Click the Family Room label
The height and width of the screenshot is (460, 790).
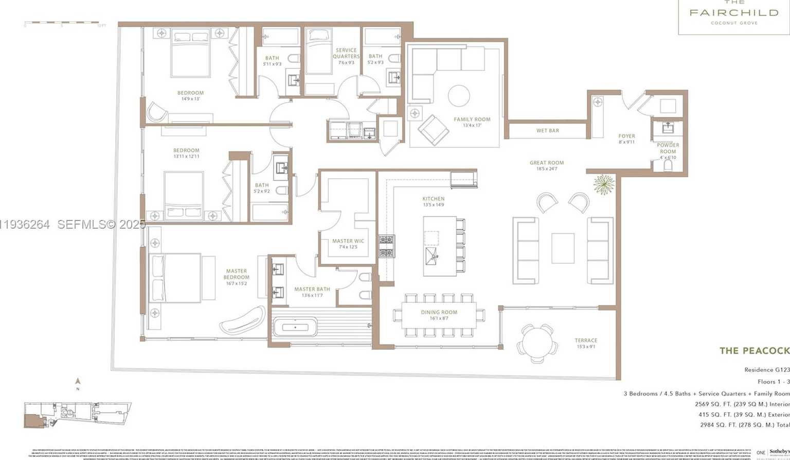(472, 120)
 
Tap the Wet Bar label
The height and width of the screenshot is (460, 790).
(547, 131)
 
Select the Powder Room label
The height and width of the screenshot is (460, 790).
(668, 148)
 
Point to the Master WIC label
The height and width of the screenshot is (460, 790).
(348, 241)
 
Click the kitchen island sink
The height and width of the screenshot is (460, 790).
(432, 253)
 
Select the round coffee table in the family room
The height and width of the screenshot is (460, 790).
(458, 96)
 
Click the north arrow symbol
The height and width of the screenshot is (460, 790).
(78, 382)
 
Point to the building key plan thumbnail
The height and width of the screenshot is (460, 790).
(77, 415)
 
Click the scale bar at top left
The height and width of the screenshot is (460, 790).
(62, 23)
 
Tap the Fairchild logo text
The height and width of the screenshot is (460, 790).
(733, 13)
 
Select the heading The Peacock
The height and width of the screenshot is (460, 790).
(754, 351)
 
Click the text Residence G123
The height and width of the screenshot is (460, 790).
(766, 370)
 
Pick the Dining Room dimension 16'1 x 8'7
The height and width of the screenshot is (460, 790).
(439, 319)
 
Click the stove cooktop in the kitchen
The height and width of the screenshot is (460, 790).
(386, 246)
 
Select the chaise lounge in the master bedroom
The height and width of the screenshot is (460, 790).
(242, 320)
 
